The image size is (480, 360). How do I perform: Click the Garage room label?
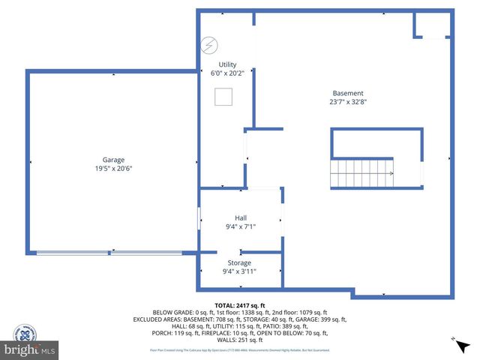click(x=114, y=160)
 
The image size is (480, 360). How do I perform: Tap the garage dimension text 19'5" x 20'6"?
click(x=114, y=169)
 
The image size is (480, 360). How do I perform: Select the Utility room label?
click(x=228, y=65)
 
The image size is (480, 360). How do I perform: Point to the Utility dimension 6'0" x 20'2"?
click(x=228, y=73)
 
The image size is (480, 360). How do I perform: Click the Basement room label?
click(x=348, y=93)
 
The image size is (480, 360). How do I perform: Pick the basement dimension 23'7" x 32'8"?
click(x=348, y=102)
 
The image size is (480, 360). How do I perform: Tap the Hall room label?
click(x=241, y=217)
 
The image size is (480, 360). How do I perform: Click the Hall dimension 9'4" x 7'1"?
click(x=241, y=226)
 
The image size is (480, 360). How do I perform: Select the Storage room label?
click(x=240, y=262)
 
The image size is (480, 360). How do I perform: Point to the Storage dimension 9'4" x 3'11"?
click(x=240, y=271)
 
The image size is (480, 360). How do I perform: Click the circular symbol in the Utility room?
click(x=208, y=46)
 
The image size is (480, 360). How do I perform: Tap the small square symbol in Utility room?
click(x=222, y=97)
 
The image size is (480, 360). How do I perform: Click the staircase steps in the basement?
click(x=363, y=173)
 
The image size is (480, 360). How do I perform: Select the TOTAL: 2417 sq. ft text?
click(x=240, y=305)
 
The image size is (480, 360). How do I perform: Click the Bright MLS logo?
click(x=30, y=349)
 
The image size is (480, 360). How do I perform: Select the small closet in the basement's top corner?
click(x=433, y=25)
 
